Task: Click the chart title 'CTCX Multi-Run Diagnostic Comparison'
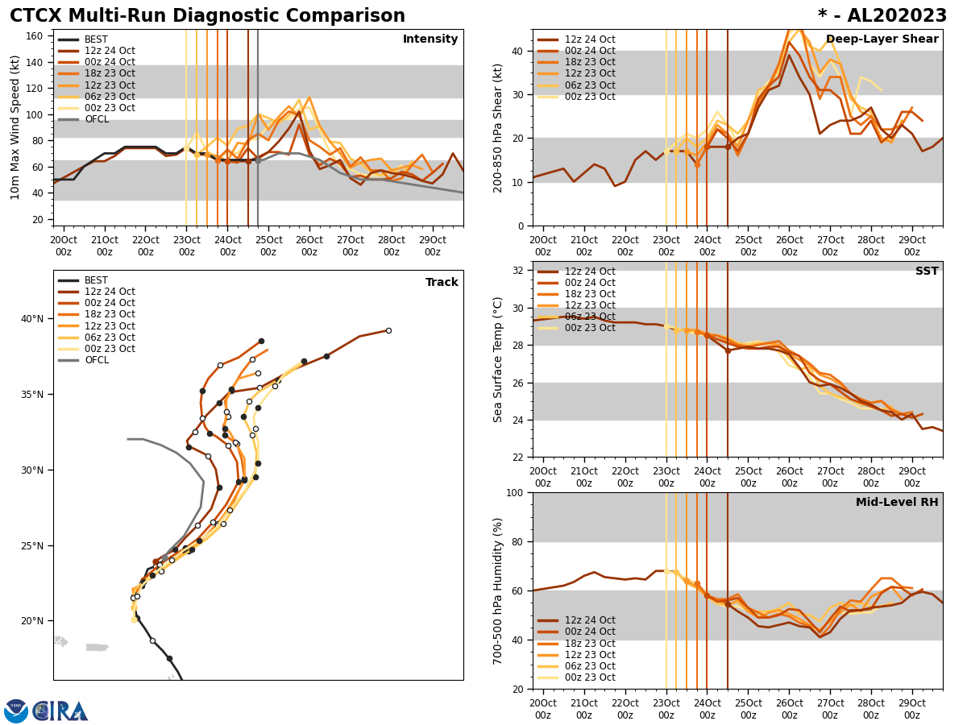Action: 207,16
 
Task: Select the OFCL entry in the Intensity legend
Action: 97,119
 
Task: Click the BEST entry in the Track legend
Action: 96,280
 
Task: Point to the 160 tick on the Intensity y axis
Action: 37,36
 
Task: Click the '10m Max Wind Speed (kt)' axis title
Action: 15,127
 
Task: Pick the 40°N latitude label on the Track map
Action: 32,319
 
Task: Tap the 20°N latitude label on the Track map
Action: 32,621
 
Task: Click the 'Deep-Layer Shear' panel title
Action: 882,39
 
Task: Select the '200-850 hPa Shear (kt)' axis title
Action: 498,127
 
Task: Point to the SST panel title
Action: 926,271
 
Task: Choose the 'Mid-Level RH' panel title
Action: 896,503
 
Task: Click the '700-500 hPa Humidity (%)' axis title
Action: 498,591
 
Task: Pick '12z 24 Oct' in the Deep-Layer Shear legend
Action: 589,39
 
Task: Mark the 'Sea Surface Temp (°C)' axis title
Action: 498,359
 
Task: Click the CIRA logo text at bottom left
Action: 60,711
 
